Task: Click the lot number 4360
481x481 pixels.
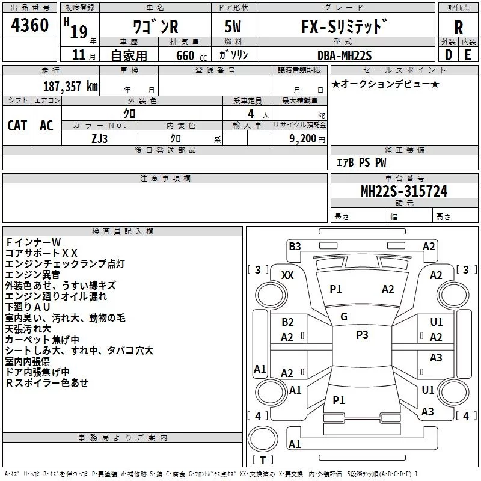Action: pyautogui.click(x=30, y=25)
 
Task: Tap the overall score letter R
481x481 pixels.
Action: pyautogui.click(x=458, y=27)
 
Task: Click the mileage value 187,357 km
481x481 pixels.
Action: pyautogui.click(x=70, y=85)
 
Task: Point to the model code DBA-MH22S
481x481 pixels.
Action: pyautogui.click(x=344, y=55)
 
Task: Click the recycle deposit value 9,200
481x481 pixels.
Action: pyautogui.click(x=302, y=138)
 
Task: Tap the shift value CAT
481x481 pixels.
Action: pyautogui.click(x=17, y=125)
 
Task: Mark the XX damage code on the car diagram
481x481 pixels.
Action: pyautogui.click(x=287, y=275)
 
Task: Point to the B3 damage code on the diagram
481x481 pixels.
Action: pyautogui.click(x=295, y=246)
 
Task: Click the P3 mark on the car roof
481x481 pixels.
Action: pyautogui.click(x=362, y=335)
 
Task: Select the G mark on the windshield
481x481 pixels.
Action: pyautogui.click(x=344, y=317)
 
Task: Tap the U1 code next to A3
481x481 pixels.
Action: pyautogui.click(x=428, y=390)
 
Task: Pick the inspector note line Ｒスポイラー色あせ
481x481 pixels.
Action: pyautogui.click(x=47, y=382)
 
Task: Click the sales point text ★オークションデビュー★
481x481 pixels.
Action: pyautogui.click(x=385, y=84)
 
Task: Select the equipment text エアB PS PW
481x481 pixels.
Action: pyautogui.click(x=361, y=162)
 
